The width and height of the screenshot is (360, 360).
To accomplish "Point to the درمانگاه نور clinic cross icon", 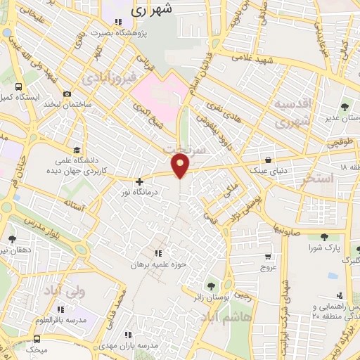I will click(139, 181).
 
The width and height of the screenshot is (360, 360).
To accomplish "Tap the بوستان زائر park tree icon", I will click(210, 285).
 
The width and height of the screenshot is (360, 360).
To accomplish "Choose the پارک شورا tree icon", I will click(324, 237).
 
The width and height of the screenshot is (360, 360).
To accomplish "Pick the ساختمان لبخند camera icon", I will click(67, 94).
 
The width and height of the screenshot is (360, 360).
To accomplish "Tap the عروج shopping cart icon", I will click(268, 257).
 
